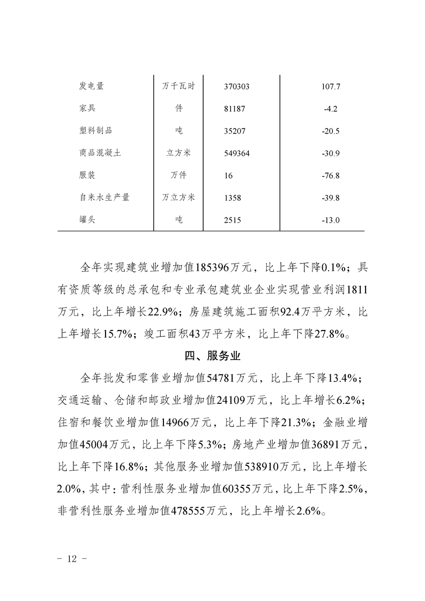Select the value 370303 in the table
tap(237, 86)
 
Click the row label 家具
tap(87, 108)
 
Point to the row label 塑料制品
tap(95, 130)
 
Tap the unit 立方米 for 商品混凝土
tap(179, 153)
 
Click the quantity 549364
tap(237, 153)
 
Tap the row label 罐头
tap(87, 220)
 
